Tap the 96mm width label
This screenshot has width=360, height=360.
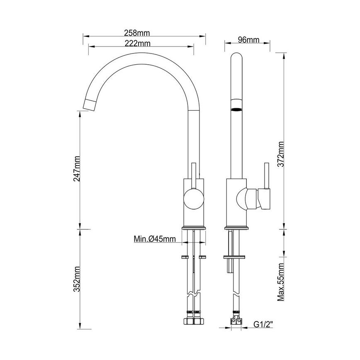[x=248, y=40]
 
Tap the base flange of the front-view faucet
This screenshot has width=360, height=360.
[x=194, y=227]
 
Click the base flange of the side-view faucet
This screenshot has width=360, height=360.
[x=236, y=227]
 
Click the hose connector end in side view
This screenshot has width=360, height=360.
[x=236, y=320]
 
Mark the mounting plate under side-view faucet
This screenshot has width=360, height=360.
[x=236, y=257]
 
